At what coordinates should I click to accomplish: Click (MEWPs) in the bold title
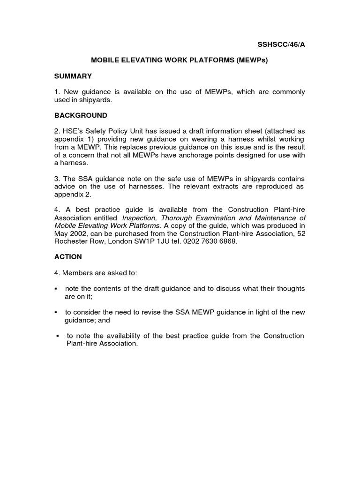(252, 60)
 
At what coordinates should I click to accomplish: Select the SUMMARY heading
(73, 76)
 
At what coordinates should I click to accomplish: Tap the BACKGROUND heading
(81, 115)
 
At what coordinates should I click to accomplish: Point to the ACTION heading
(68, 257)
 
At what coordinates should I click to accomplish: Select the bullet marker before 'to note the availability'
(57, 336)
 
